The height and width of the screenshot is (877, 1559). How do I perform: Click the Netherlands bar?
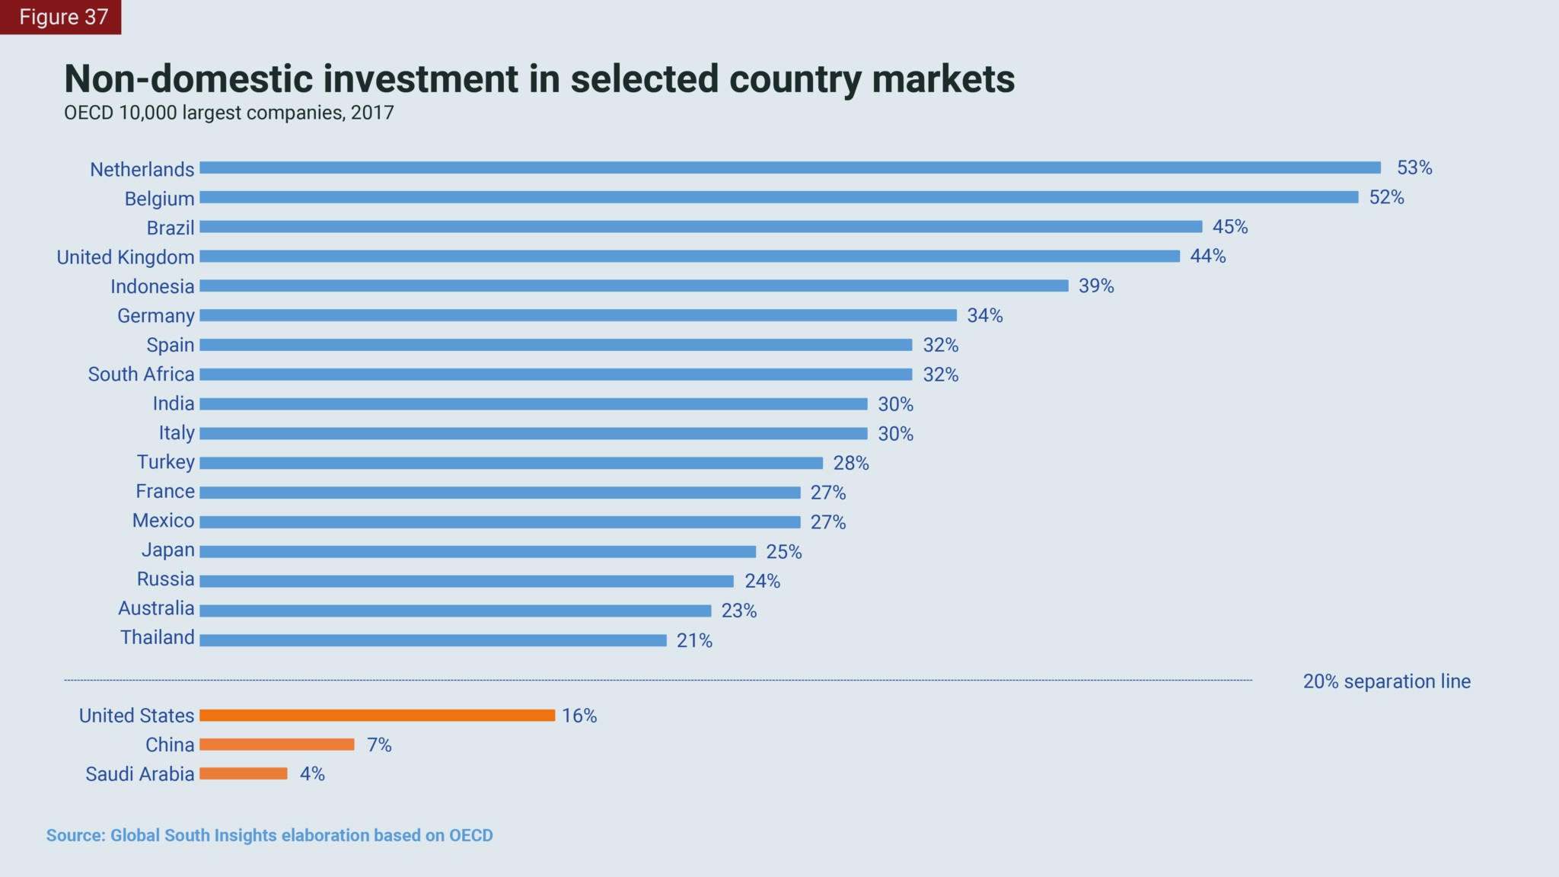(x=789, y=167)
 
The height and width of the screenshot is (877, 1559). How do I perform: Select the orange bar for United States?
(x=377, y=716)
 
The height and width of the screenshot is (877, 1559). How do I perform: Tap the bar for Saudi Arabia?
(x=244, y=773)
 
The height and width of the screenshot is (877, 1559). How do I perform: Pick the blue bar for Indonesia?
(x=633, y=285)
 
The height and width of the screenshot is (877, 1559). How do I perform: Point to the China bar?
(x=277, y=745)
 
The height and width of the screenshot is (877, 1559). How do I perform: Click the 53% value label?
(x=1414, y=167)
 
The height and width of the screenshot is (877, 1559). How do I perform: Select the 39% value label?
(x=1096, y=285)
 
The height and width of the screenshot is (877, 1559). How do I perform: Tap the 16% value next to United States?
(x=579, y=716)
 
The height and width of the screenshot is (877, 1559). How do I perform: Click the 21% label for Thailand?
(x=694, y=641)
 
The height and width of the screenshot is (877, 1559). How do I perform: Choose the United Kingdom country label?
(x=126, y=257)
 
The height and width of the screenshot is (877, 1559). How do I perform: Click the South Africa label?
(x=141, y=375)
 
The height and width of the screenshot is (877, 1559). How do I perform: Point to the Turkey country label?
(x=166, y=462)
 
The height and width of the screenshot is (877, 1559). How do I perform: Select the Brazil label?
(x=171, y=228)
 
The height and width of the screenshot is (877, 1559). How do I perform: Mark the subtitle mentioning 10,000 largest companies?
(x=228, y=113)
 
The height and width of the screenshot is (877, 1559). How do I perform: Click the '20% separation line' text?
(x=1386, y=681)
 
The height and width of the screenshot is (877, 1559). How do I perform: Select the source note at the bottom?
(x=269, y=835)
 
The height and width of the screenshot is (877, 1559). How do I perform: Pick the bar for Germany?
(x=578, y=315)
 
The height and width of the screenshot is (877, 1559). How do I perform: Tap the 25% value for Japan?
(x=784, y=552)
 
